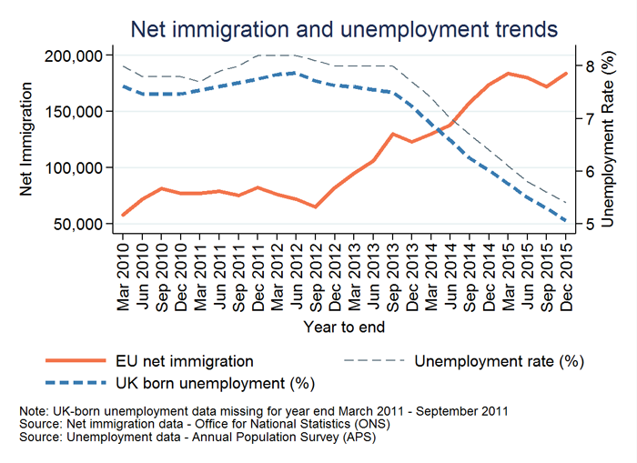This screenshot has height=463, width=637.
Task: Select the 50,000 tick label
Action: click(x=77, y=224)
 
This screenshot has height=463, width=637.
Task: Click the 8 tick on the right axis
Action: click(x=588, y=66)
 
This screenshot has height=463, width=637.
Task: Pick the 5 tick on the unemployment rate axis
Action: click(x=588, y=224)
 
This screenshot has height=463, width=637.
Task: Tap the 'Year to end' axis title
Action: click(x=344, y=326)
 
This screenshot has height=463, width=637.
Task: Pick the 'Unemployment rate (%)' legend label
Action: click(x=498, y=362)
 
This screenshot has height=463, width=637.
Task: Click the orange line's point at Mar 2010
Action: click(x=124, y=216)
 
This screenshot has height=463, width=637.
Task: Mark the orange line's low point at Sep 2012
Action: click(x=316, y=206)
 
